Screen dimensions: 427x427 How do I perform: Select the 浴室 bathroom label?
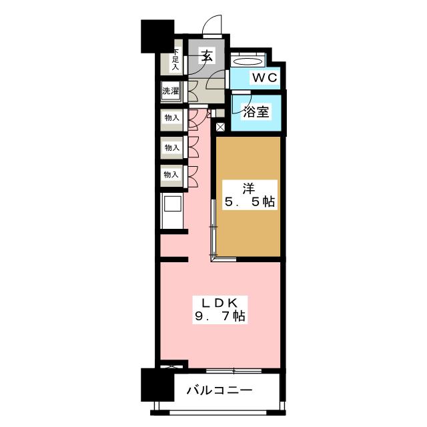click(256, 111)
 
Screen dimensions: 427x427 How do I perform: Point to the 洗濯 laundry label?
click(171, 89)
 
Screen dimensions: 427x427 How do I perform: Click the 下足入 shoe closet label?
click(175, 60)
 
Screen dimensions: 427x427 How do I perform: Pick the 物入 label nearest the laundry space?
click(171, 118)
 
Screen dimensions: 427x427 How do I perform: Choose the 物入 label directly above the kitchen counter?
click(171, 175)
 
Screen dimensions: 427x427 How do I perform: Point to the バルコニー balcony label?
click(218, 390)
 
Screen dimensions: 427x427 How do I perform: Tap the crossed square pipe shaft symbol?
click(220, 125)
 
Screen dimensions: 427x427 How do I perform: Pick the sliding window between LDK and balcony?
click(233, 369)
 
